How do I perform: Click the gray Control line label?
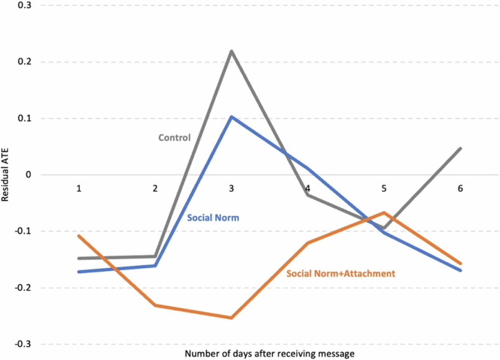click(174, 137)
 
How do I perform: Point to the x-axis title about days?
click(269, 353)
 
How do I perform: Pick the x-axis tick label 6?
click(460, 188)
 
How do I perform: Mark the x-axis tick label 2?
click(155, 188)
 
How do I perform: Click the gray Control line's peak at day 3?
click(231, 51)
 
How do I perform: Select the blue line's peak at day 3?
click(231, 117)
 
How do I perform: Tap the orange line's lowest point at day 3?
click(231, 318)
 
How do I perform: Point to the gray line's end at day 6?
click(460, 148)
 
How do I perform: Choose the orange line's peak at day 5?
click(384, 212)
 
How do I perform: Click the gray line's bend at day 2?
click(155, 256)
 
